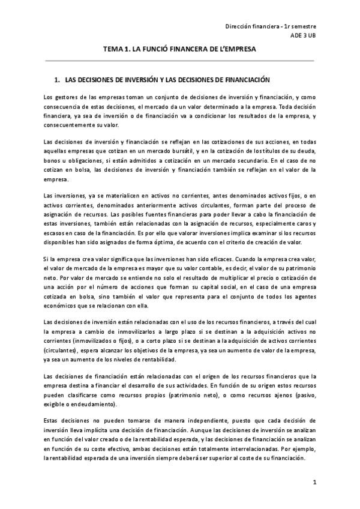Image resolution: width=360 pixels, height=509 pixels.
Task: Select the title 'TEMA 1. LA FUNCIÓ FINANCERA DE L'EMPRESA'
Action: [x=179, y=52]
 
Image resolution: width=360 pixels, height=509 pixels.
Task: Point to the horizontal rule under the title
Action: [x=179, y=61]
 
